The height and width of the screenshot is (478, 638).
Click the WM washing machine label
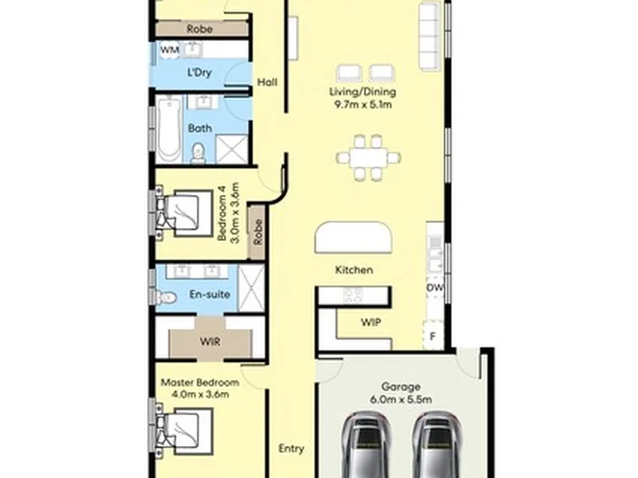pos(169,50)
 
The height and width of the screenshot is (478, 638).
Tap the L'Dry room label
pos(199,73)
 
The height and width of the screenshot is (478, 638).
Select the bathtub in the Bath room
pos(169,129)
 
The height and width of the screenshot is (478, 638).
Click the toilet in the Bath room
pos(198,153)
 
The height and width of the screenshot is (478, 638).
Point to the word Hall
pos(268,82)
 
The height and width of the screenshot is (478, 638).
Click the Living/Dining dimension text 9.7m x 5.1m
pos(363,104)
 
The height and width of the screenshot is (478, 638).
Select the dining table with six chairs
pos(369,158)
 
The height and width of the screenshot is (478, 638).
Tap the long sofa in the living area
pos(430,36)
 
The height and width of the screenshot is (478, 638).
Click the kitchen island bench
pos(354,237)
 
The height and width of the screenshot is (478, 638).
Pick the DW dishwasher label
pos(434,288)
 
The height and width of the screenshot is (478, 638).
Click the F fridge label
pos(433,336)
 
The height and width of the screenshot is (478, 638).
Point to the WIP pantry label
pos(371,322)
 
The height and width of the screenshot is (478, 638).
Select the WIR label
pos(210,342)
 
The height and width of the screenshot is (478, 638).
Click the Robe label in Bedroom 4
pos(258,233)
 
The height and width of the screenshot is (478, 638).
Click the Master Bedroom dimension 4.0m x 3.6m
pos(199,394)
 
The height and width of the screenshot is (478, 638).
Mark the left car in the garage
pos(366,445)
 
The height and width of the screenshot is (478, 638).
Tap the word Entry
pos(292,449)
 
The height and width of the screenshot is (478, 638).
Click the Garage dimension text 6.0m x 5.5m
pos(401,399)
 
